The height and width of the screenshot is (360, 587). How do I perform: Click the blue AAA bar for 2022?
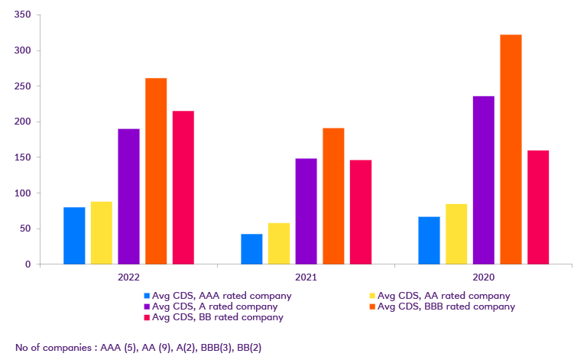74,235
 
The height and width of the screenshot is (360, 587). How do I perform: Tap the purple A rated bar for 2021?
306,211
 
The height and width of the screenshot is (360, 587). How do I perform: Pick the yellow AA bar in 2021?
279,243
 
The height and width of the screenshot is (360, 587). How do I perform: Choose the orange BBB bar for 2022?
156,170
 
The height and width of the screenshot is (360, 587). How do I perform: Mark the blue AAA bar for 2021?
251,248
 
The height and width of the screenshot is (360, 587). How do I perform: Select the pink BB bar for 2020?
538,207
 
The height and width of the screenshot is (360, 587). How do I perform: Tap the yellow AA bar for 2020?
456,233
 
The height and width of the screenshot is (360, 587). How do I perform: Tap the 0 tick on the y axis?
28,264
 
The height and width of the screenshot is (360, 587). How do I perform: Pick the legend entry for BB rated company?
218,317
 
